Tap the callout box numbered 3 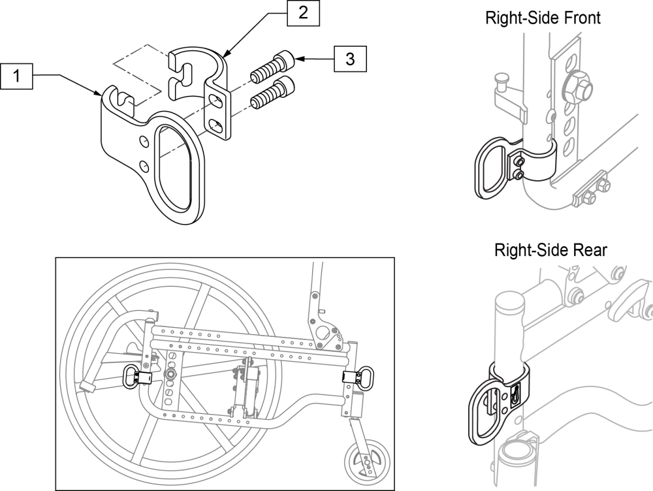click(x=350, y=59)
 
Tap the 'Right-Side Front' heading click(x=543, y=18)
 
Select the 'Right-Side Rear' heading click(x=542, y=249)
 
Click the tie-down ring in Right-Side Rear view click(x=486, y=419)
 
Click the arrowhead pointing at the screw click(x=298, y=59)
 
